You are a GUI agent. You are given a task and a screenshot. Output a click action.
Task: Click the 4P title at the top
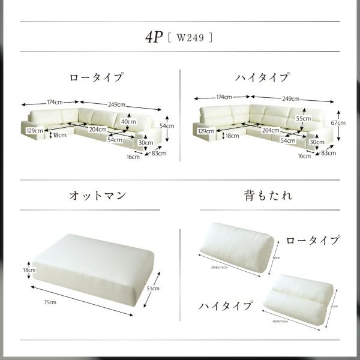coord(154,36)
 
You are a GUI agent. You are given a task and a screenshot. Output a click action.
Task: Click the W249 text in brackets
coord(190,37)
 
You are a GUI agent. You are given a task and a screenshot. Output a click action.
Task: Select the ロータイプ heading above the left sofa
coord(96,77)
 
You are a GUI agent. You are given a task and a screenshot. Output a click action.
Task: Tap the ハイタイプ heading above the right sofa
coord(262,77)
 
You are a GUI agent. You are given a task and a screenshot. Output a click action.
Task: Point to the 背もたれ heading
coord(262,196)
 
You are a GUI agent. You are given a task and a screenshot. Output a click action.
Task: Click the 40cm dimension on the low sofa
coord(128,121)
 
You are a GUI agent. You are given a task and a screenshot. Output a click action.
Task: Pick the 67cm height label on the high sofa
coord(341,122)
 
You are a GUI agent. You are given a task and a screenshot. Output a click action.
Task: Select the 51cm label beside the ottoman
coord(154,289)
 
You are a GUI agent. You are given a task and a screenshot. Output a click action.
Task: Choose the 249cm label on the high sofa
coord(290,98)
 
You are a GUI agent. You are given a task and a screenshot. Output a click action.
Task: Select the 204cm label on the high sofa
coord(270,130)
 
